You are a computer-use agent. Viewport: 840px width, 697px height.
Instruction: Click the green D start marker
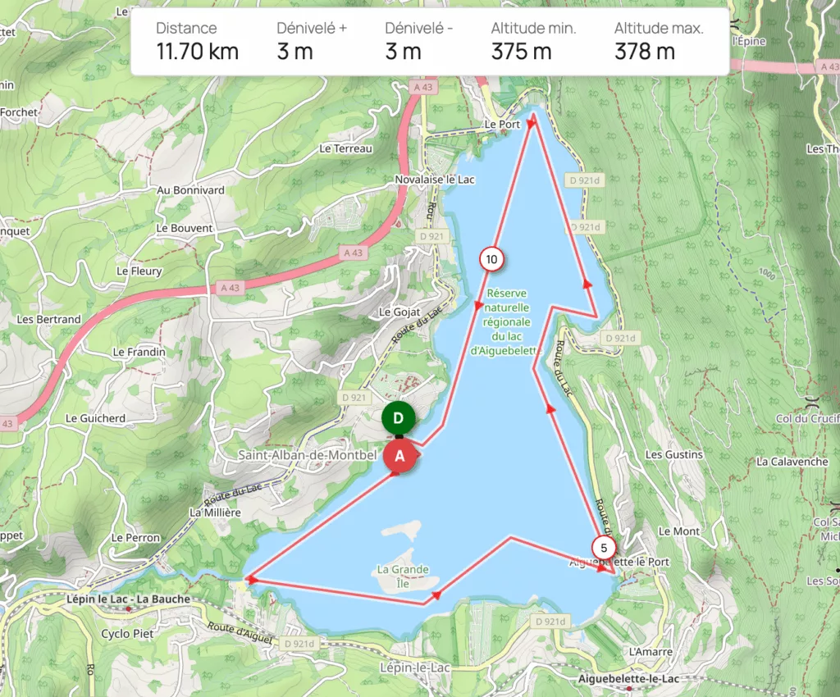point(398,418)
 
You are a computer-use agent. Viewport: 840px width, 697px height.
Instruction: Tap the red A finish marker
point(400,457)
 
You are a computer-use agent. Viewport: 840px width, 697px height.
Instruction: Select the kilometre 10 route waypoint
point(491,260)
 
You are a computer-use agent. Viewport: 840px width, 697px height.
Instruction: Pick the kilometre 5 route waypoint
point(604,549)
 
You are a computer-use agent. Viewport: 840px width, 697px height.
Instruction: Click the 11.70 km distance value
point(198,52)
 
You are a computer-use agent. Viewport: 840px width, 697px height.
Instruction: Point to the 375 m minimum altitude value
point(522,52)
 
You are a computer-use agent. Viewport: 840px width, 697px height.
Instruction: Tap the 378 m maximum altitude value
point(645,52)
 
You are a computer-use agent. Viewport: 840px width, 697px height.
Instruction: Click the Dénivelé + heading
point(312,28)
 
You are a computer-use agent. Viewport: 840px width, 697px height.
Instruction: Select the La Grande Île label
point(402,569)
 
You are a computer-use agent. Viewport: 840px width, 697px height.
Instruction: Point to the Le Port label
point(502,125)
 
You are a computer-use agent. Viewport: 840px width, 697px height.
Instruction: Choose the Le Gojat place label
point(399,312)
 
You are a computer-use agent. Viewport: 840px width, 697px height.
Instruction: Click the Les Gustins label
point(674,454)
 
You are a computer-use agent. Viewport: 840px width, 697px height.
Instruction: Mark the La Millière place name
point(215,512)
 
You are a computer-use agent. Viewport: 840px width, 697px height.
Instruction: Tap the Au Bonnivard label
point(190,190)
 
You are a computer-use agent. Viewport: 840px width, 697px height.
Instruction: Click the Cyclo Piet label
point(127,634)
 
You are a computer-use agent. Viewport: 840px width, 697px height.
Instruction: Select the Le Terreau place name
point(346,148)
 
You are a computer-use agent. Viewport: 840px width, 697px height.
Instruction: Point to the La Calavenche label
point(792,462)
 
